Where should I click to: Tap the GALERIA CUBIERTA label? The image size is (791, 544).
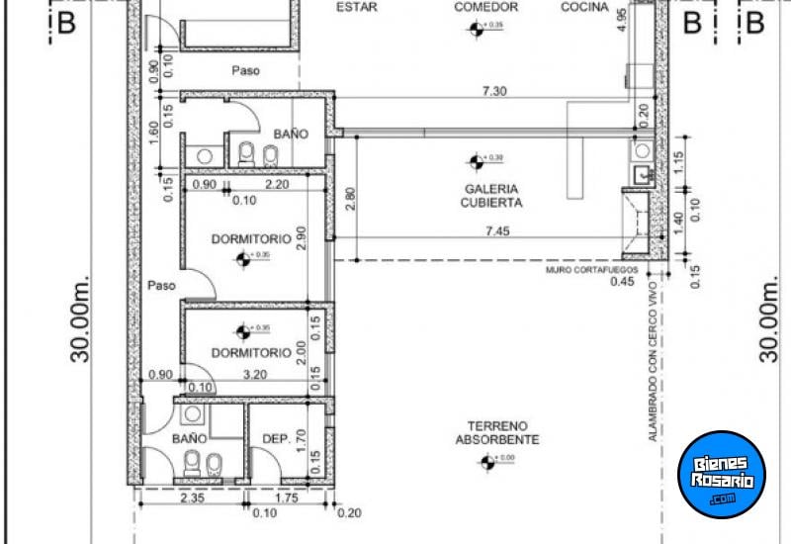point(490,195)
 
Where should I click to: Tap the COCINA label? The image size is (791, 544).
point(585,7)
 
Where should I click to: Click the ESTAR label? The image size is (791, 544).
point(357,7)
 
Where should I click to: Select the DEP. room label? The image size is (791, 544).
point(275,438)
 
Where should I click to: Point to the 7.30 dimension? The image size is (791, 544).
point(495,91)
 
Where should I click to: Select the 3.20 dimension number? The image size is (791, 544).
point(254,376)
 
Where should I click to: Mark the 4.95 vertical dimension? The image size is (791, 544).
point(621,20)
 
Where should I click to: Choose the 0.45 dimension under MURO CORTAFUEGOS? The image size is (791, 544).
point(622,282)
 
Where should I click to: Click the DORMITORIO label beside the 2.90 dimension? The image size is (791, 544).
point(251,238)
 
